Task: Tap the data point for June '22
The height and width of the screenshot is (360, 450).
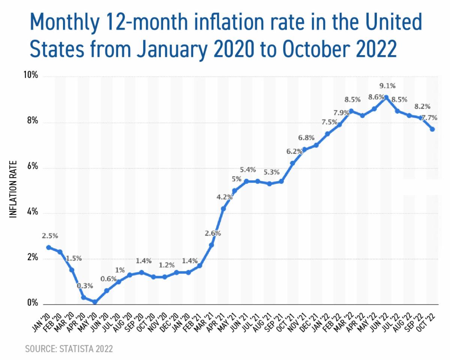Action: [386, 97]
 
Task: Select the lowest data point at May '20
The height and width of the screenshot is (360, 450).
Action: [95, 302]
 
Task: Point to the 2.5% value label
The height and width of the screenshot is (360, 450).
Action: [50, 236]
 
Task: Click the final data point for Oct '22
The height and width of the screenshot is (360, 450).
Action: [432, 129]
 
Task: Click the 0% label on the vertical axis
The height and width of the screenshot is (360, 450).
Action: [31, 303]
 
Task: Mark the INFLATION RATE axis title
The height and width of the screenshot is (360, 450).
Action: [13, 189]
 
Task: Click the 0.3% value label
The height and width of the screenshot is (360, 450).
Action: [85, 286]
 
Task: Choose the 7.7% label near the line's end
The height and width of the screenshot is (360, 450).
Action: [427, 118]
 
